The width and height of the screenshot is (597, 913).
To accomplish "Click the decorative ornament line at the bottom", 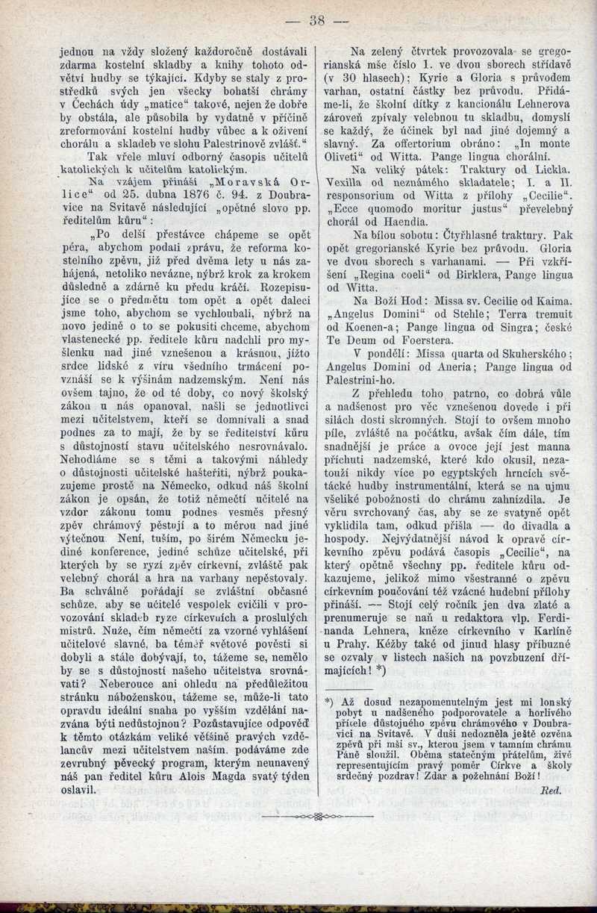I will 319,817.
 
